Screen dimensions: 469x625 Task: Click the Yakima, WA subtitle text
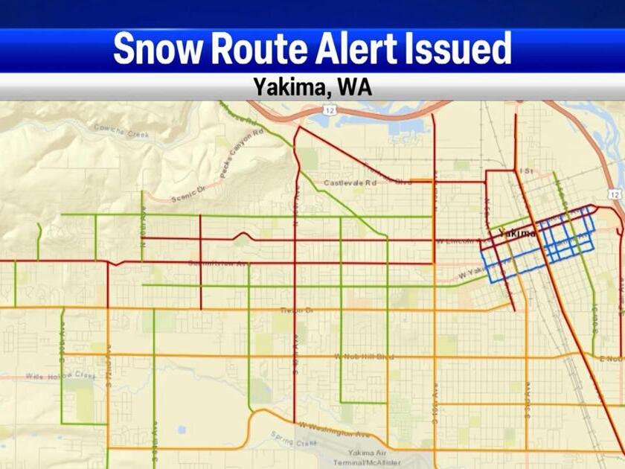tap(312, 87)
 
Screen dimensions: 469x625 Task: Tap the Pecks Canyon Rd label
tap(243, 156)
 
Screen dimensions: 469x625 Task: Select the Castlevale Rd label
tap(350, 182)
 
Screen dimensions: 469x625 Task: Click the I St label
tap(529, 170)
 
